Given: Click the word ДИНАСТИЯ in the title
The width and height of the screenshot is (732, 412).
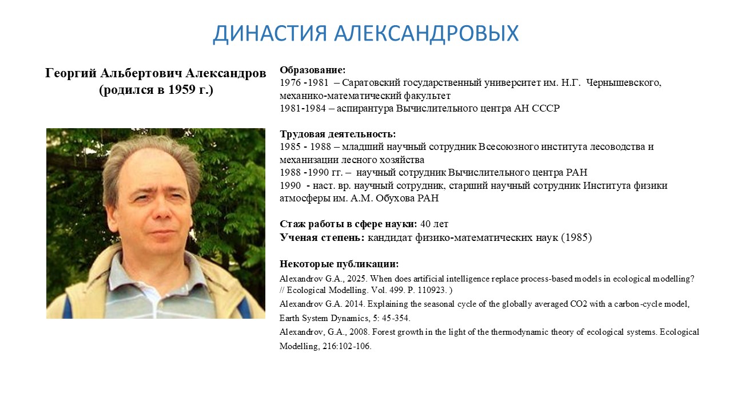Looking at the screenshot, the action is point(269,33).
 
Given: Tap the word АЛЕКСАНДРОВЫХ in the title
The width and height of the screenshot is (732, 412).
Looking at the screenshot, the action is point(426,33).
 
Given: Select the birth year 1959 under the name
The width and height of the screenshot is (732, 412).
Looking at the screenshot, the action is point(181,89).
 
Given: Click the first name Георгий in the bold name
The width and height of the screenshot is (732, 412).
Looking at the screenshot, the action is point(71,73).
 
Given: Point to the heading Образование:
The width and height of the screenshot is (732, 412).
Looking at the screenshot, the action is point(312,70).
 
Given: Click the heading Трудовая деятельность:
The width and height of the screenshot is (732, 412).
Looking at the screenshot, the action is point(337,134).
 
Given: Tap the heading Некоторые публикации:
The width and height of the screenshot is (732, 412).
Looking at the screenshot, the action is point(339,264).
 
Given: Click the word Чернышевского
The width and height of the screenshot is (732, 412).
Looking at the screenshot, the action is point(623,82).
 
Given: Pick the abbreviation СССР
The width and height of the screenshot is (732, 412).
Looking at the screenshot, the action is point(546,108).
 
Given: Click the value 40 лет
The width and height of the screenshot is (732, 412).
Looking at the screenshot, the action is point(434,224).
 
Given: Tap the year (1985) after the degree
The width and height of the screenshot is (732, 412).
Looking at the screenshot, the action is point(576,237).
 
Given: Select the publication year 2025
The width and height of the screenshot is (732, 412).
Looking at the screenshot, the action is point(357,279).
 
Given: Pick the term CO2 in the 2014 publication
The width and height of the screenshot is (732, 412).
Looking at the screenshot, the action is point(578,304).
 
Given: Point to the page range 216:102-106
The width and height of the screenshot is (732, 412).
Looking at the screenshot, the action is point(347,346).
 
